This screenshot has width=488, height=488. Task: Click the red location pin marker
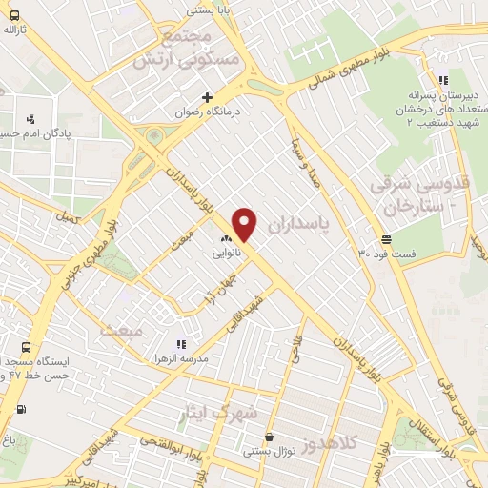click(245, 224)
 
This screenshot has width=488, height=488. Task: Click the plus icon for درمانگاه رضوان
click(207, 97)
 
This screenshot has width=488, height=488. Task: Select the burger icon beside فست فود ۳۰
click(385, 239)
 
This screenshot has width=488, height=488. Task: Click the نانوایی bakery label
click(227, 254)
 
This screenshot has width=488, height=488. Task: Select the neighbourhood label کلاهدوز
click(335, 443)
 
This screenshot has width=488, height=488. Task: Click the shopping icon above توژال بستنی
click(269, 437)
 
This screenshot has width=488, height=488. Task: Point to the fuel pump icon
click(21, 410)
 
